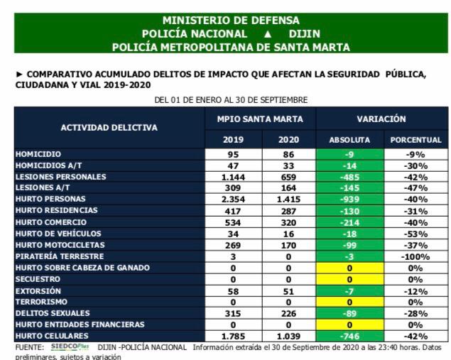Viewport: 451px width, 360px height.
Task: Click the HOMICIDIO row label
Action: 38,154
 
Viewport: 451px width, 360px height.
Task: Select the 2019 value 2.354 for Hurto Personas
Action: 233,200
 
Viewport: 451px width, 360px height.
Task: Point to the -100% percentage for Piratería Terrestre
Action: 415,256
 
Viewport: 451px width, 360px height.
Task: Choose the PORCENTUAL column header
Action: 415,140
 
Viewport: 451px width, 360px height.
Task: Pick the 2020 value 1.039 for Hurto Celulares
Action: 288,336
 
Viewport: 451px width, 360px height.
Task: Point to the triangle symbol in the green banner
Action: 268,34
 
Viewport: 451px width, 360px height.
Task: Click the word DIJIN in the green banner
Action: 305,34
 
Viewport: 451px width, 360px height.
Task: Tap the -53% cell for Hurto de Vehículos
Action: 415,234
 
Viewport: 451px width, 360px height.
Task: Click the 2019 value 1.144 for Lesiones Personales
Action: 233,177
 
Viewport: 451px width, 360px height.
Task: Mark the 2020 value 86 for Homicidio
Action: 288,154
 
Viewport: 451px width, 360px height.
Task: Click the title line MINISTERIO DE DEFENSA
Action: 231,21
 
